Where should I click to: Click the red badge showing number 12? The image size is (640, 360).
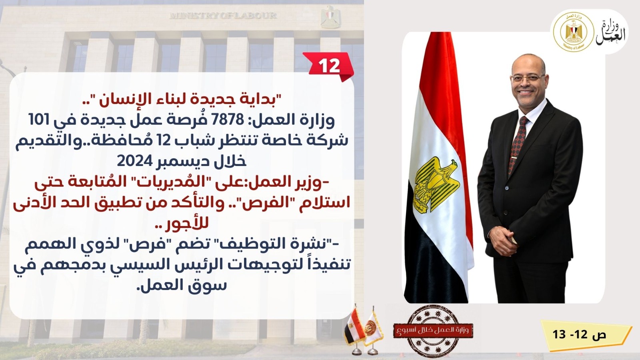[x=329, y=66]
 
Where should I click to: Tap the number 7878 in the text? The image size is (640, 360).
[x=230, y=119]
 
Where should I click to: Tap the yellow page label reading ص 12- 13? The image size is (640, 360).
[x=580, y=334]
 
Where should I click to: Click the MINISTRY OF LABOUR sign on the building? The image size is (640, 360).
[x=223, y=16]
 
